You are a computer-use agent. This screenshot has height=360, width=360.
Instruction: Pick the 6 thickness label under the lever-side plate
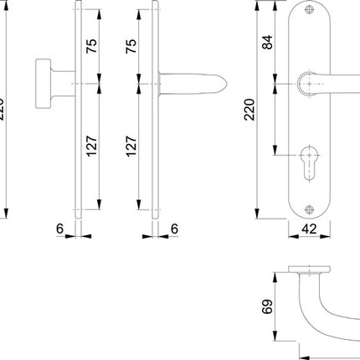point(174,227)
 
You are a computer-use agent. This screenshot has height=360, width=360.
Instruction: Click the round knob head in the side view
point(43,84)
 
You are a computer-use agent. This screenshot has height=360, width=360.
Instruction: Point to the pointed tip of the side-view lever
point(225,85)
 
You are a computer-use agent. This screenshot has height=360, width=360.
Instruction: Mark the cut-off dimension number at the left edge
point(3,110)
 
